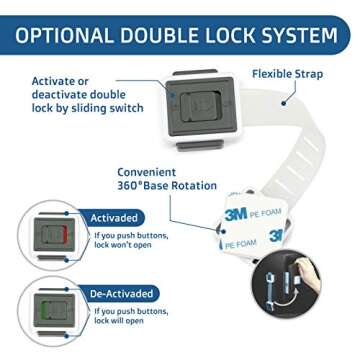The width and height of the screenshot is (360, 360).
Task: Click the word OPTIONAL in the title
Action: (62, 37)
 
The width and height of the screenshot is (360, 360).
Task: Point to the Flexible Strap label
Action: (287, 73)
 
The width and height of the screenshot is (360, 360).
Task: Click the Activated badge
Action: (114, 217)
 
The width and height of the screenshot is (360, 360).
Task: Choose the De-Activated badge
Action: (122, 294)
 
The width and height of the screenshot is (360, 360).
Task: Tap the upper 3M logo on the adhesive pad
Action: (235, 212)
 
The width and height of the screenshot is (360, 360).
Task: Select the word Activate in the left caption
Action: (54, 80)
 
